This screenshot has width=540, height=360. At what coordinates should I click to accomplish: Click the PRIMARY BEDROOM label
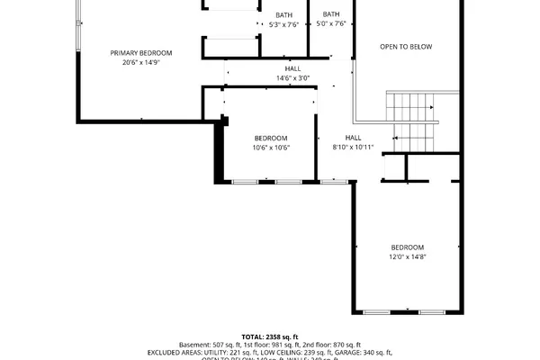coord(141,53)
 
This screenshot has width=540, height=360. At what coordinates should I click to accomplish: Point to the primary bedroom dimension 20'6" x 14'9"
coord(141,63)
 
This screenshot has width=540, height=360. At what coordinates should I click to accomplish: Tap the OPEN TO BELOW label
coord(406,46)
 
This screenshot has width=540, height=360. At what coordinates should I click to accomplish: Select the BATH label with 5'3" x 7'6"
coord(283,15)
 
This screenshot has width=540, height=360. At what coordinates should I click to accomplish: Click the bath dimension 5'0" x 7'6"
coord(331,24)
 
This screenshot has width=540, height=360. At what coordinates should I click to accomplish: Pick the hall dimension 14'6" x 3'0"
coord(293,78)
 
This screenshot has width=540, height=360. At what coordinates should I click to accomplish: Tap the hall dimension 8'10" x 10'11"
coord(352,147)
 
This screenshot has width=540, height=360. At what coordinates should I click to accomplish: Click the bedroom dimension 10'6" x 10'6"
coord(270,147)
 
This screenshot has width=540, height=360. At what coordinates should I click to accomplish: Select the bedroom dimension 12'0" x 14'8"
coord(407,257)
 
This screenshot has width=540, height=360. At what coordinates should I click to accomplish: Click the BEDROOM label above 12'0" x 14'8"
coord(407,247)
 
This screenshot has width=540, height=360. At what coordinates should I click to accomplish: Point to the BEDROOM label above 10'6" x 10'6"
coord(270,137)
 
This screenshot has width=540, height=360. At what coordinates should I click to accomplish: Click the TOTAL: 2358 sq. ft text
coord(270,336)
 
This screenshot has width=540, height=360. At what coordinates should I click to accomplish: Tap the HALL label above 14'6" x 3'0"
coord(293,68)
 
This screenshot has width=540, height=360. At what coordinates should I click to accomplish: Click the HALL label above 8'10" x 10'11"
coord(352,137)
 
